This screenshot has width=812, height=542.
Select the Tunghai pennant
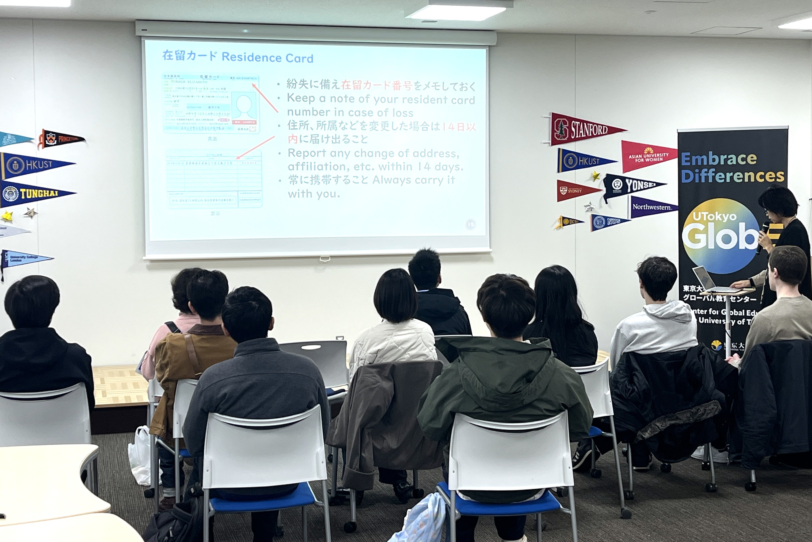(x=34, y=194)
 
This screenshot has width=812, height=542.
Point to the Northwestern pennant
(x=651, y=207)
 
